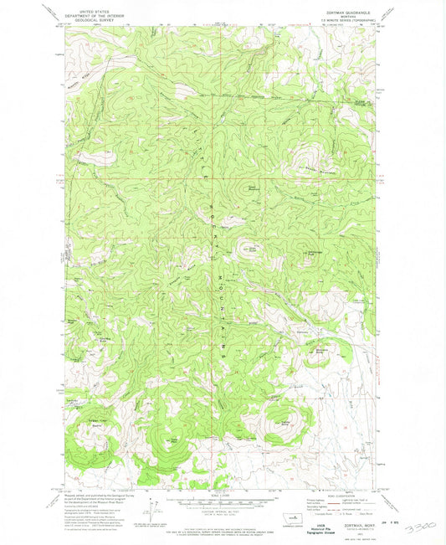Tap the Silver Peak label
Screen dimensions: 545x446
click(251, 247)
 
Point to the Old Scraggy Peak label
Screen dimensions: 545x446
click(312, 253)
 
